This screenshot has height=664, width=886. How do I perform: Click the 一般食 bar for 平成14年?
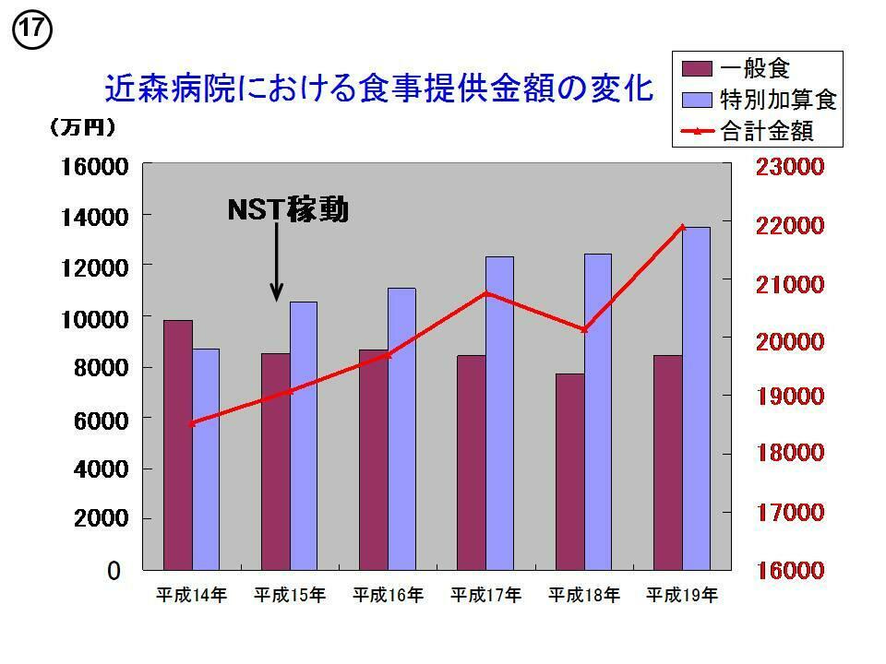[x=178, y=445]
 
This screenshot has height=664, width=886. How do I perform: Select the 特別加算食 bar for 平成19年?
[x=696, y=398]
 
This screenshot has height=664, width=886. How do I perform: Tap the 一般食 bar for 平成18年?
[x=570, y=471]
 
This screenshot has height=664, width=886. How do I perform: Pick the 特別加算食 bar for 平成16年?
[x=401, y=429]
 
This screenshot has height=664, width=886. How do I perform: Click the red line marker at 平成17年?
[x=487, y=294]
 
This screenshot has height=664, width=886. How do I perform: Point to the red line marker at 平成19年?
[x=683, y=227]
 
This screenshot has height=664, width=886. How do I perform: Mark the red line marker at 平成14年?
[x=192, y=423]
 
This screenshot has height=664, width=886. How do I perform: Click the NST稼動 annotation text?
[x=288, y=210]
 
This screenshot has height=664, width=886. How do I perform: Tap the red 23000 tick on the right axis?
[x=789, y=168]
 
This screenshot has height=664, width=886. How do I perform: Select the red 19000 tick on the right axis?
[x=789, y=397]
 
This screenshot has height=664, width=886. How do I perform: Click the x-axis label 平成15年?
[x=290, y=596]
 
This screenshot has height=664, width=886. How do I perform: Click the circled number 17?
[x=30, y=30]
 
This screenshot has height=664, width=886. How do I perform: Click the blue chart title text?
[x=379, y=89]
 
